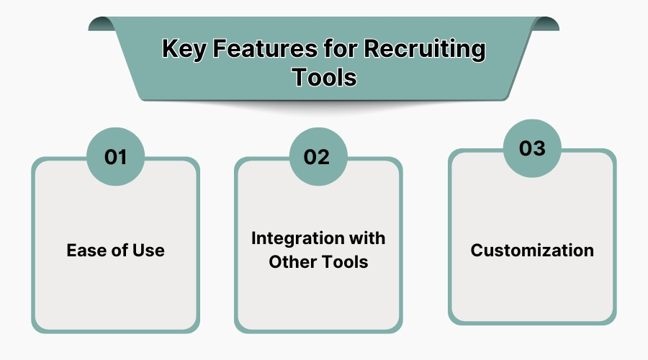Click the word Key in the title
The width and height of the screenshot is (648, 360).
coord(180,50)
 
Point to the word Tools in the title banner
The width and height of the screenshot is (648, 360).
coord(324,76)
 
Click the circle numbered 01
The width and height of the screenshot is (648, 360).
coord(115,157)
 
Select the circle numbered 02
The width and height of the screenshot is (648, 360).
coord(318,157)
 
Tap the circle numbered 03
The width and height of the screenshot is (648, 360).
coord(532,148)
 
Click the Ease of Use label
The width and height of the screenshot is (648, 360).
coord(115,251)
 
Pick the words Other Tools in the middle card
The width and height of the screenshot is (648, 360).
coord(318,262)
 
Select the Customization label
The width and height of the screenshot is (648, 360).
coord(532,251)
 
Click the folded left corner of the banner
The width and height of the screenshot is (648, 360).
coord(101,24)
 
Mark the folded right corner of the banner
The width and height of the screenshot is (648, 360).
coord(546,24)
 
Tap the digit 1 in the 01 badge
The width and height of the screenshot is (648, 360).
coord(123,157)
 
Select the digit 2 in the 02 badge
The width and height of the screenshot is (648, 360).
coord(325,157)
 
